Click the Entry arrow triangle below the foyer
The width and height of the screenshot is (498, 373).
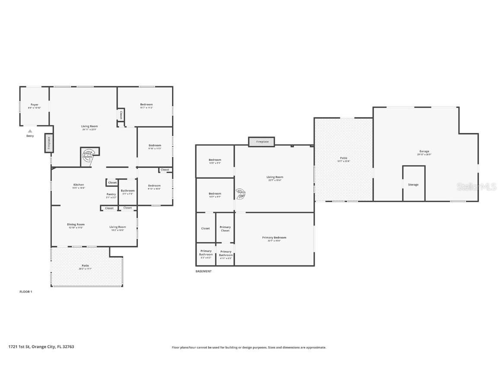click(x=30, y=131)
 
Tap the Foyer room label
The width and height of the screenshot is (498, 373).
click(x=34, y=104)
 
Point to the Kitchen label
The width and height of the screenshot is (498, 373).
click(x=78, y=185)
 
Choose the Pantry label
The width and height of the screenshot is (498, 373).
click(x=111, y=194)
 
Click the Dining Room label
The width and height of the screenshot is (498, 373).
click(x=76, y=224)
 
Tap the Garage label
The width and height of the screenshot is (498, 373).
click(x=424, y=152)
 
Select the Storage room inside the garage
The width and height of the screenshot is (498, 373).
click(x=413, y=184)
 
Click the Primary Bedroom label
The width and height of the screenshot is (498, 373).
click(x=274, y=237)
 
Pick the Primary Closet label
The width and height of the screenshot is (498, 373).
click(x=225, y=229)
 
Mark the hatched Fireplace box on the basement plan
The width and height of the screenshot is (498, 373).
click(x=262, y=142)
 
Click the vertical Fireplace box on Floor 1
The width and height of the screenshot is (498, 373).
click(x=48, y=143)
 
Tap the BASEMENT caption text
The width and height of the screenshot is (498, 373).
click(x=204, y=272)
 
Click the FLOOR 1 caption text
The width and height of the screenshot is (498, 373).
click(x=26, y=292)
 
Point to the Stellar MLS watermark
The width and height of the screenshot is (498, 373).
click(x=477, y=186)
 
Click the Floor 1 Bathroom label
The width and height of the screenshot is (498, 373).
click(x=128, y=190)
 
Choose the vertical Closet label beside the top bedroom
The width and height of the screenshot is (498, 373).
click(x=121, y=115)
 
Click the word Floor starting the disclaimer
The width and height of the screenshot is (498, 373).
click(x=176, y=347)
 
